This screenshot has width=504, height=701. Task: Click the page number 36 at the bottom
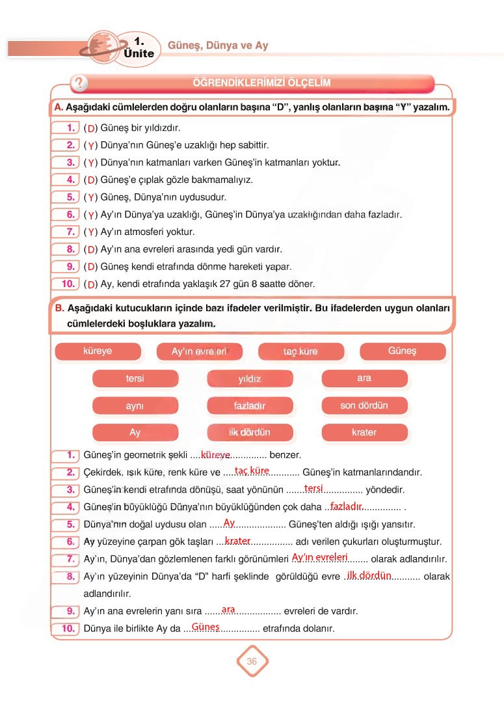pos(252,661)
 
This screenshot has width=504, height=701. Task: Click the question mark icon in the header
pos(79,83)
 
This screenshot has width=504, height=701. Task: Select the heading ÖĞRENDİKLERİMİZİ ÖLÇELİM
pos(261,83)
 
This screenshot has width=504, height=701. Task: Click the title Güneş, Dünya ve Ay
pos(218,46)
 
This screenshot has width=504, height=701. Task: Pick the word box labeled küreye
pos(98,351)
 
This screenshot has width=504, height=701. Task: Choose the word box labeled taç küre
pos(300,351)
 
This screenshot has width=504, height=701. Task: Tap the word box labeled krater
pos(364,432)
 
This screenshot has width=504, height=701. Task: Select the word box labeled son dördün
pos(364,405)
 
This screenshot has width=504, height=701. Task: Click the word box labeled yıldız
pos(250,379)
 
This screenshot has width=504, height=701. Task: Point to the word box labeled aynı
pos(135,405)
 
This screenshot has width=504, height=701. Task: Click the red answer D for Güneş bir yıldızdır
pos(91,128)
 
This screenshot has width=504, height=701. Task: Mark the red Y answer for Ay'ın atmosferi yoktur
pos(91,232)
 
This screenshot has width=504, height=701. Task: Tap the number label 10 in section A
pos(68,284)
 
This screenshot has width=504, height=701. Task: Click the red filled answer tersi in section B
pos(313,488)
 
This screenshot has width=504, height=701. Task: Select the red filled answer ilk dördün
pos(369,575)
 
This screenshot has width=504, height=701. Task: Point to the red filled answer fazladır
pos(346,506)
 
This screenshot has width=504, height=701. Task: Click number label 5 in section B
pos(71,524)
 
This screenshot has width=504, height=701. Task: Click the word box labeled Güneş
pos(402,351)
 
